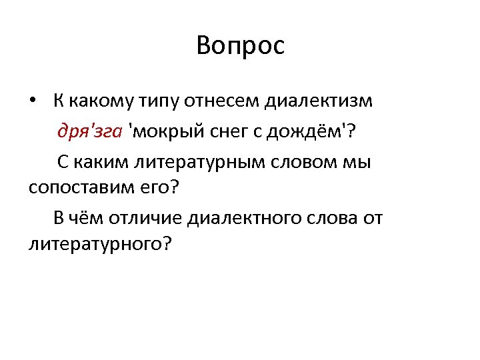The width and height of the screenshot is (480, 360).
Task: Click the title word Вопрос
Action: [241, 46]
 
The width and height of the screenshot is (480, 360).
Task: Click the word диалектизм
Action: [319, 102]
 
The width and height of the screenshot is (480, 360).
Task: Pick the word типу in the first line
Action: [158, 102]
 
